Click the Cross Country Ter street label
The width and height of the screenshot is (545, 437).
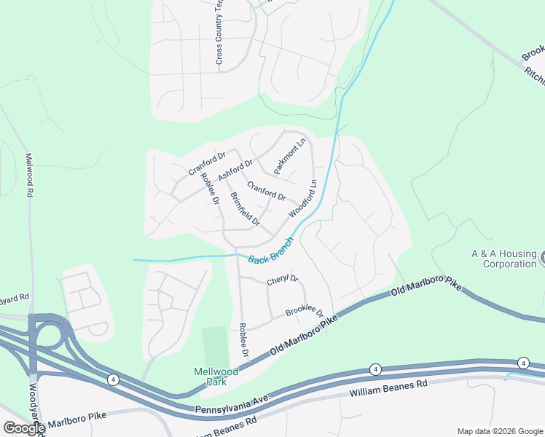click(x=219, y=33)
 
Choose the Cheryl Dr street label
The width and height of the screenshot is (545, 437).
click(x=283, y=279)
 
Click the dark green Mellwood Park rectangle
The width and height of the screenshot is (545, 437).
click(x=215, y=347)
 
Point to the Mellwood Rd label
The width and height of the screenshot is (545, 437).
click(x=30, y=175)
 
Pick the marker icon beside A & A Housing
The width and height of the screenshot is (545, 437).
click(x=542, y=256)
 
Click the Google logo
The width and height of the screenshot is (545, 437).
click(x=24, y=428)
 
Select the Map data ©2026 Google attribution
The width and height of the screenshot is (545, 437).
click(x=500, y=430)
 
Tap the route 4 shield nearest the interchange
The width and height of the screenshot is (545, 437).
click(x=113, y=379)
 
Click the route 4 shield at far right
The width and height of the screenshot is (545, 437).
click(x=522, y=363)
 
